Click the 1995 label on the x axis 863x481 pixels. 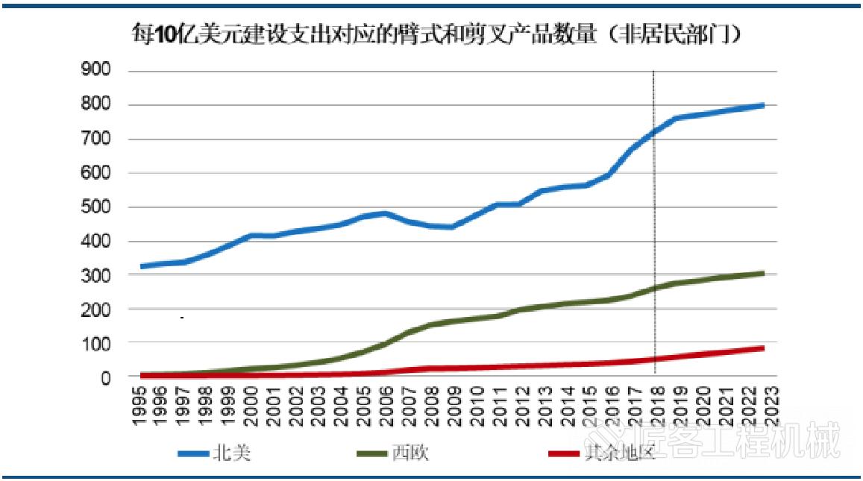pos(139,406)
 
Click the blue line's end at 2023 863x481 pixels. pos(762,105)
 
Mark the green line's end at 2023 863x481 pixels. pos(762,274)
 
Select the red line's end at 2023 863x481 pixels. pos(762,348)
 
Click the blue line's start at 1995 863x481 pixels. pos(141,266)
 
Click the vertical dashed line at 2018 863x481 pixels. pos(654,224)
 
